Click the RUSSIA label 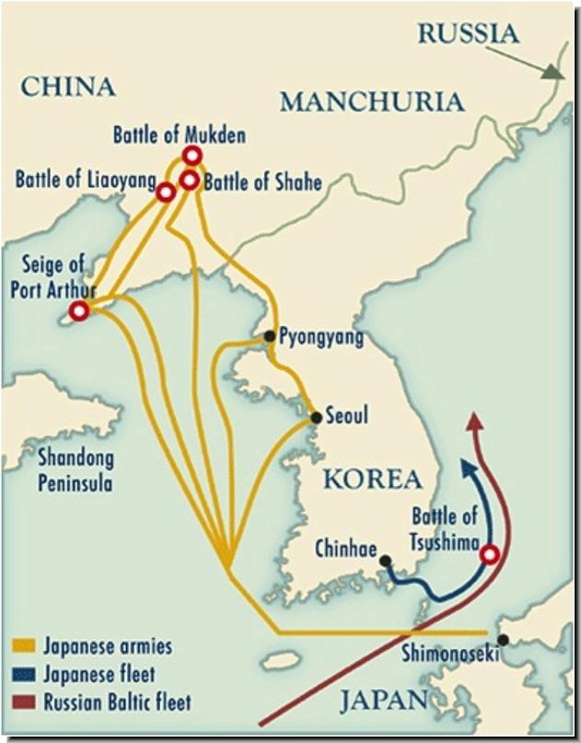[468, 35]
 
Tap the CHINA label [67, 87]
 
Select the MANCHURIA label [372, 102]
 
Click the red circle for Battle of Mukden [192, 156]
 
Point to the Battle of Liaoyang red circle [166, 192]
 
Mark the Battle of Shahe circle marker [190, 180]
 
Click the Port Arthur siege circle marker [79, 311]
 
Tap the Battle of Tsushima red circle [490, 554]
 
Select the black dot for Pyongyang [269, 336]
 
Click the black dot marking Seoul [316, 418]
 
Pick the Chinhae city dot [385, 560]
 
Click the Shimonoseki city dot [502, 640]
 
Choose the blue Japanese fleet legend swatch [25, 675]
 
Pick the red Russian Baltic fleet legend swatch [25, 703]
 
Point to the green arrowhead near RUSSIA [554, 72]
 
